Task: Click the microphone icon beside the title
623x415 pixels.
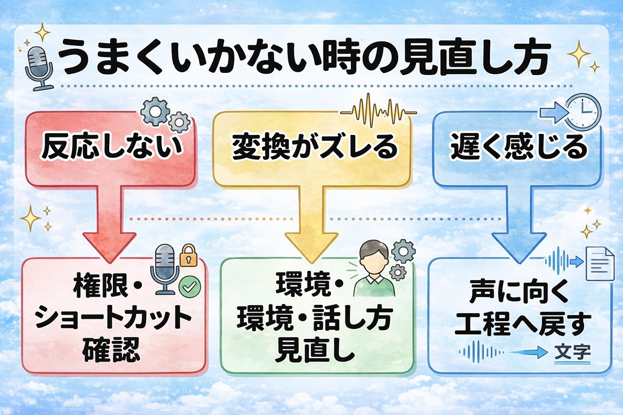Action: point(39,67)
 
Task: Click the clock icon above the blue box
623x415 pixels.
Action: point(583,111)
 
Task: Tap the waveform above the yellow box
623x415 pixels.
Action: point(378,111)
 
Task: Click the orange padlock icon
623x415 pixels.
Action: point(188,256)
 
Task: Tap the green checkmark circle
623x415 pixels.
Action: point(189,287)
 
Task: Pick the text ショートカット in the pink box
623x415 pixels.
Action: point(113,318)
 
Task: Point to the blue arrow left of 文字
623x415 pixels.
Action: point(529,352)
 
